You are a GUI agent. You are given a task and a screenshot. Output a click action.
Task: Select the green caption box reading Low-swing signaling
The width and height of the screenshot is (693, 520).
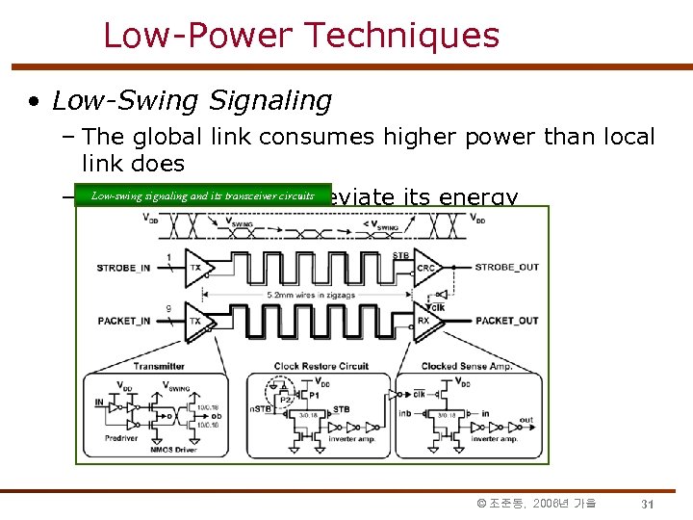[202, 195]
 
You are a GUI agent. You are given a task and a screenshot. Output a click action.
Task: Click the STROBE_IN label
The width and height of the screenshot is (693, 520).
[123, 268]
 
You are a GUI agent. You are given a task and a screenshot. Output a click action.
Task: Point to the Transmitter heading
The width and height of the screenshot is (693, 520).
[160, 366]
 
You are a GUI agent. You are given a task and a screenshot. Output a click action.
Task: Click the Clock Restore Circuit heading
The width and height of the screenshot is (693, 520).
[321, 366]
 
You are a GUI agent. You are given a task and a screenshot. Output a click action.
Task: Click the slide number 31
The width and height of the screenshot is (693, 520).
[648, 504]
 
